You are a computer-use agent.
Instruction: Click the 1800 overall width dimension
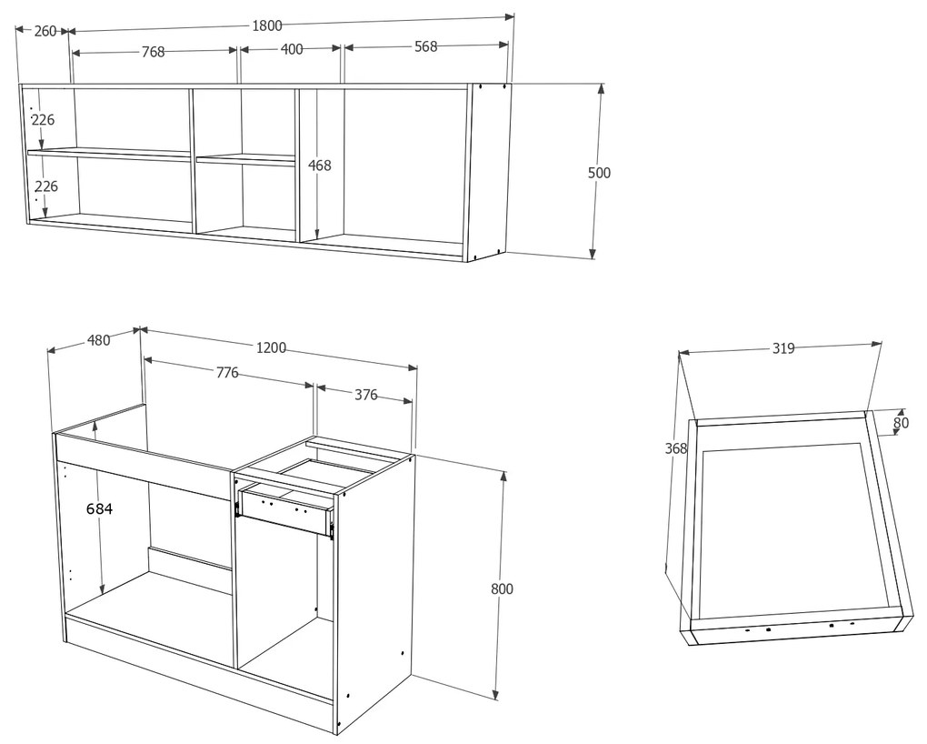click(267, 25)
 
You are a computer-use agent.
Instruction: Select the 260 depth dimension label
click(45, 31)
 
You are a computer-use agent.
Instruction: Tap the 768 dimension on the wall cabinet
click(153, 52)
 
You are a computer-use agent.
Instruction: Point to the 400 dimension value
click(291, 49)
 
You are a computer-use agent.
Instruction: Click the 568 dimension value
click(425, 46)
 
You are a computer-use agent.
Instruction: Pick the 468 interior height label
click(320, 166)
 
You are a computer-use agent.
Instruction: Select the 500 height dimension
click(600, 173)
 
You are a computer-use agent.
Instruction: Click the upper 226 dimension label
click(44, 119)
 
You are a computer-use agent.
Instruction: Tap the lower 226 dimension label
click(45, 186)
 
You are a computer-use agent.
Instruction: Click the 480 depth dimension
click(98, 340)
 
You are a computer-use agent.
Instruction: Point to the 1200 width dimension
click(271, 347)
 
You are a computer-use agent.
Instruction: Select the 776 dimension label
click(226, 372)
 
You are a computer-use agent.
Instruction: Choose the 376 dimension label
click(365, 395)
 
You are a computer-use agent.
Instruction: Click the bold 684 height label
click(99, 509)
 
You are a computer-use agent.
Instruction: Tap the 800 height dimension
click(502, 588)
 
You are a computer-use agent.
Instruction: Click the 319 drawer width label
click(783, 347)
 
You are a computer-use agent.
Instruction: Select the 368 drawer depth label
click(676, 448)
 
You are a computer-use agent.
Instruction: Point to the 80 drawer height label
click(901, 422)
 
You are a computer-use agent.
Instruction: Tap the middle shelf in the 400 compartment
click(245, 159)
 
